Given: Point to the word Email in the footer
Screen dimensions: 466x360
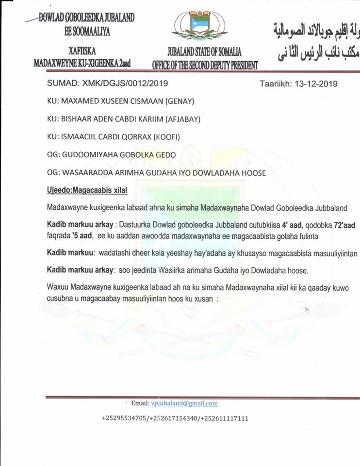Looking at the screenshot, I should [140, 403].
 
